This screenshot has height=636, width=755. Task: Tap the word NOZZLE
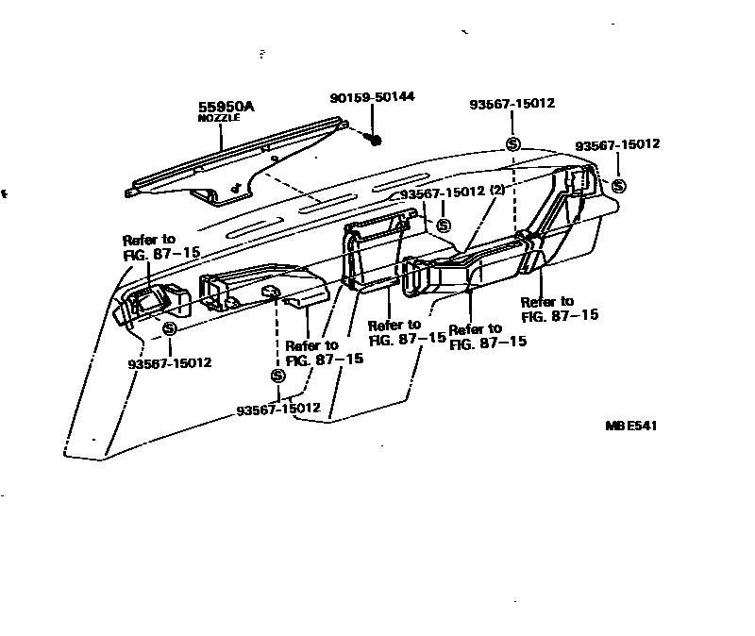click(x=219, y=118)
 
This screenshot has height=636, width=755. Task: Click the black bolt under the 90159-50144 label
click(x=375, y=140)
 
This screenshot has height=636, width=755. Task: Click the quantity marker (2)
click(x=497, y=192)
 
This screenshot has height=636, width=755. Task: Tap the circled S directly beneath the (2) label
click(x=443, y=226)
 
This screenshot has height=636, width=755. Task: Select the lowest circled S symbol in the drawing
click(x=277, y=376)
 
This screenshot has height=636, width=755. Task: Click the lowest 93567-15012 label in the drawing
click(x=278, y=409)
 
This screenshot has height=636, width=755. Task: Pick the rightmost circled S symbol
click(x=619, y=186)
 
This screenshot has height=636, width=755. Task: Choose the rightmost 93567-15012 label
click(x=617, y=144)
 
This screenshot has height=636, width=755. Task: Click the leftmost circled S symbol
click(x=170, y=328)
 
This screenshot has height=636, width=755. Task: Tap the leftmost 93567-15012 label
click(x=170, y=362)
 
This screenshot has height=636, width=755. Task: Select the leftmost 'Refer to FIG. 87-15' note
click(x=149, y=246)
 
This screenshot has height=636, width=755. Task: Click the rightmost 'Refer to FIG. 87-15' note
click(x=560, y=308)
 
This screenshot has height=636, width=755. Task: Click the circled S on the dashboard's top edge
click(x=512, y=144)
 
